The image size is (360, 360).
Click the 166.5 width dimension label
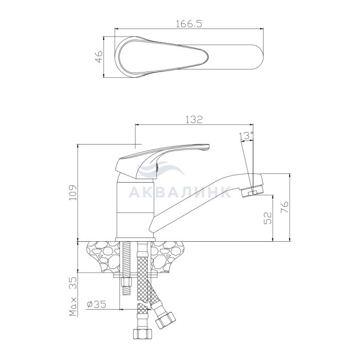[x=189, y=24]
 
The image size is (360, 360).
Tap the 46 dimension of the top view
[x=99, y=57]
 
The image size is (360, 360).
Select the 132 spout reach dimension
[x=194, y=119]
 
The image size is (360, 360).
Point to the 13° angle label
[x=246, y=136]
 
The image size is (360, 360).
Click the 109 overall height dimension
[x=74, y=192]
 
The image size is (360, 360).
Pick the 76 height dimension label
[x=284, y=207]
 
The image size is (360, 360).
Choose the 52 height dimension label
[x=267, y=218]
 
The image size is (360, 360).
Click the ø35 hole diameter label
[x=97, y=304]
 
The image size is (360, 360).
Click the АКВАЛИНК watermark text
[x=180, y=192]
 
